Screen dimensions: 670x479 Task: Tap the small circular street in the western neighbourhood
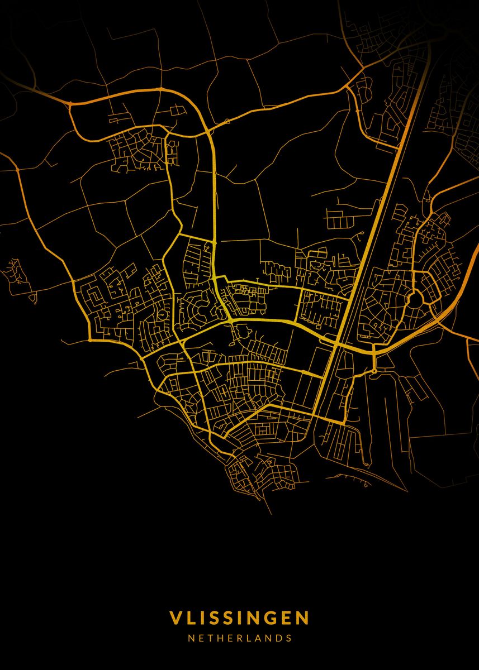coord(163,316)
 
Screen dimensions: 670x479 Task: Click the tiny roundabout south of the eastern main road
coord(374,371)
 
